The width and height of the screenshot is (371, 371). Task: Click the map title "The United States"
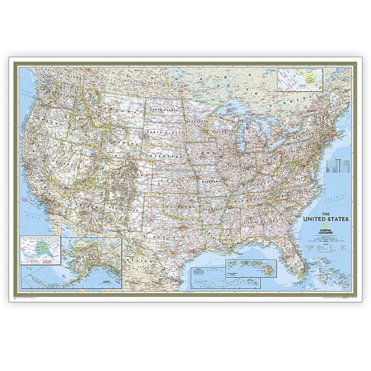327,217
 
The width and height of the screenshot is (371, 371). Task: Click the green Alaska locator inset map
40,250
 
